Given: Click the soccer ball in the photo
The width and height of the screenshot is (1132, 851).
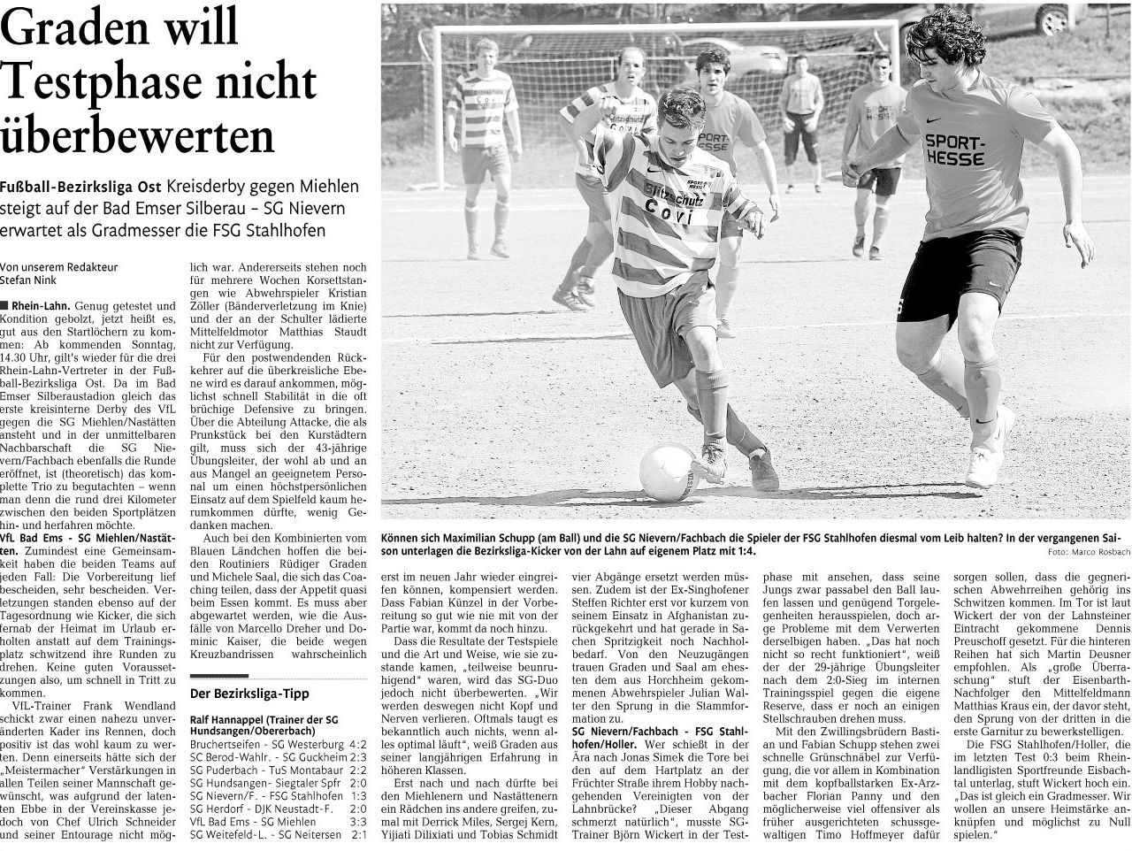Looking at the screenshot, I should [x=669, y=472].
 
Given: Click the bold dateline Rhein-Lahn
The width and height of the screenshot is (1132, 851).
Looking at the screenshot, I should [x=42, y=305].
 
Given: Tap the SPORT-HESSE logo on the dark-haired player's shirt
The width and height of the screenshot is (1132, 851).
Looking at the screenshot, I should [x=953, y=150].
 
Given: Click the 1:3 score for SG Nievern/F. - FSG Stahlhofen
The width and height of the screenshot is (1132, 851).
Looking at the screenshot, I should [x=358, y=794].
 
